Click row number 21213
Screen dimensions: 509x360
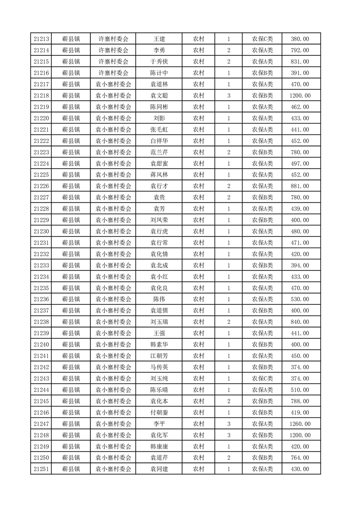[x=42, y=39]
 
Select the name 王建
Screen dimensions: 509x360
[x=159, y=39]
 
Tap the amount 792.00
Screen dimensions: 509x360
[x=300, y=50]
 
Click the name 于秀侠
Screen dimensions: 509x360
[x=159, y=62]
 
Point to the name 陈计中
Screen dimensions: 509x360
[x=159, y=73]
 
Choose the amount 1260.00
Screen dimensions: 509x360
[x=300, y=424]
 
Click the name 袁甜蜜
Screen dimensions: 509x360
[x=159, y=164]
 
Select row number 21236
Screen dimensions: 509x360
[x=42, y=299]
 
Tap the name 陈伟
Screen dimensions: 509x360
[x=159, y=299]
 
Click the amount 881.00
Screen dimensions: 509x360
[x=300, y=186]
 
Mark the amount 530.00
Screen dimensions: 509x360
[x=300, y=299]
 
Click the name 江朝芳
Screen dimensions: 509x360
[x=159, y=356]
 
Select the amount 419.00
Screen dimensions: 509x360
[x=300, y=413]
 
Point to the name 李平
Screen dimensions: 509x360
[x=159, y=424]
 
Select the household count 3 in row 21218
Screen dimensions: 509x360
[x=228, y=96]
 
